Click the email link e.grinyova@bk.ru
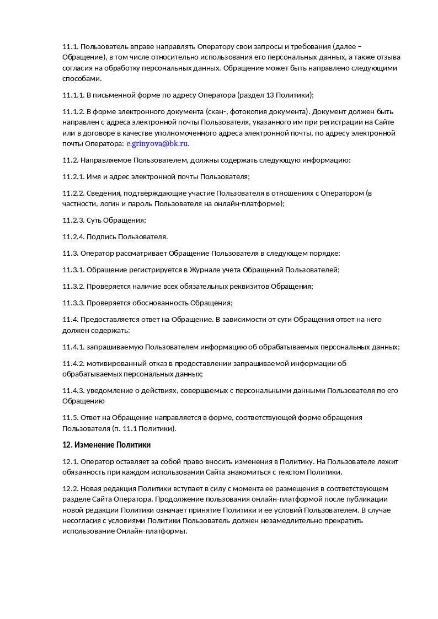click(x=157, y=143)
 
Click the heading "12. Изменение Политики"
click(x=106, y=445)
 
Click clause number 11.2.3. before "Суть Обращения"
click(x=73, y=220)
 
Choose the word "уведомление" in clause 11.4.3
click(x=110, y=391)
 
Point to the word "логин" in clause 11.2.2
click(x=109, y=203)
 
